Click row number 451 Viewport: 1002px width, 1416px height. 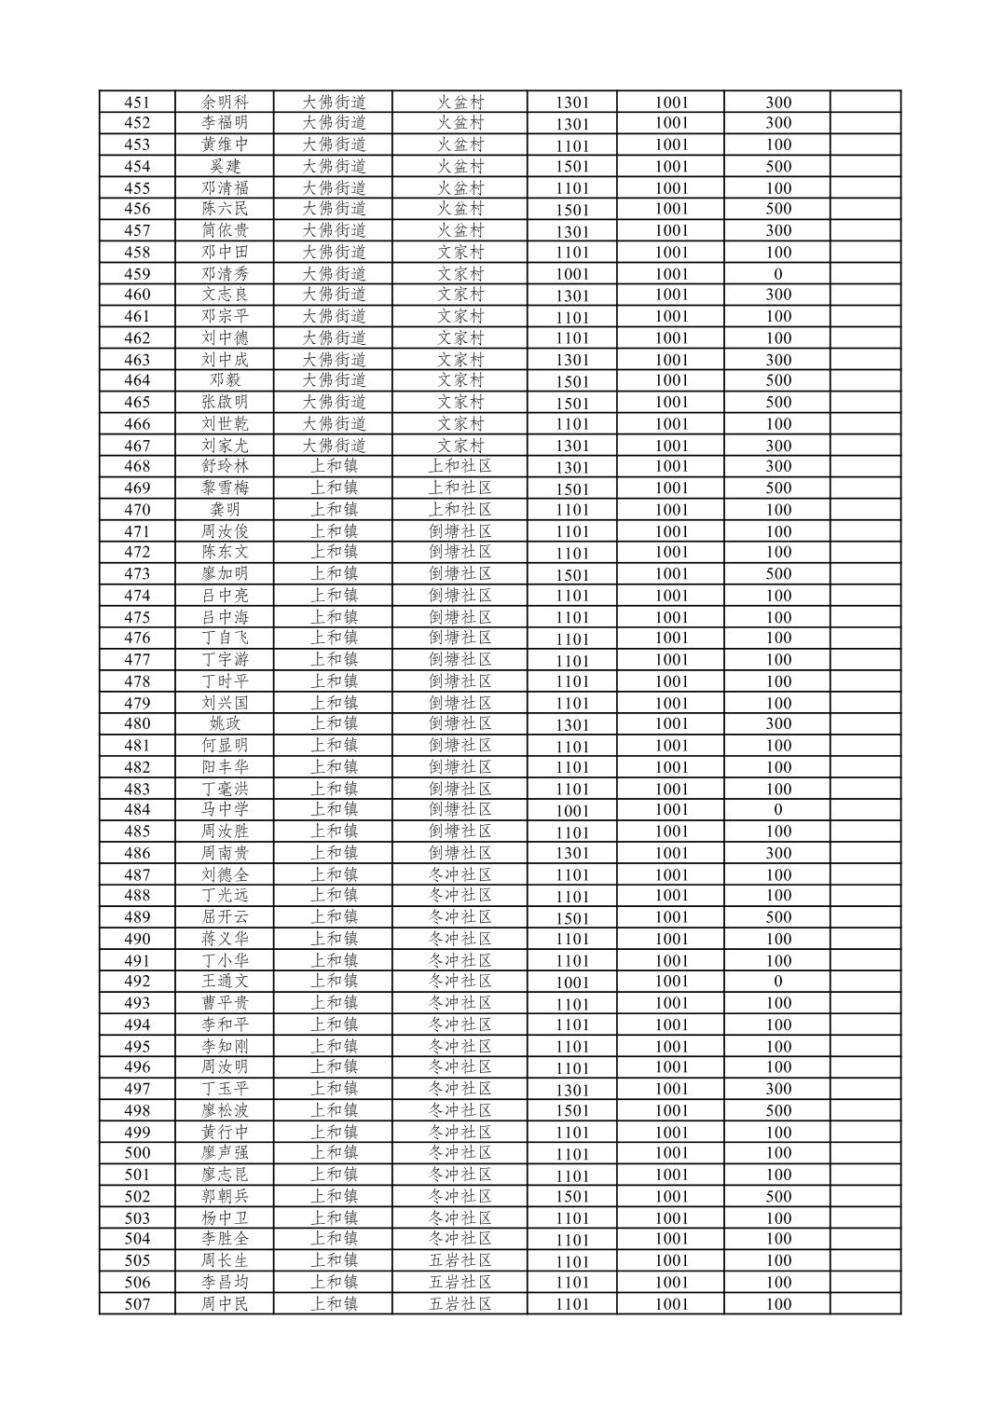(x=137, y=103)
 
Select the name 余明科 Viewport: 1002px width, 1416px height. (x=225, y=103)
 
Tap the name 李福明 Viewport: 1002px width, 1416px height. (x=225, y=123)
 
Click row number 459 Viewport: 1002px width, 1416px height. (x=137, y=274)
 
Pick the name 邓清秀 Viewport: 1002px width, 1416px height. (x=225, y=274)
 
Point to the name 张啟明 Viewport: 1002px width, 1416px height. (x=225, y=402)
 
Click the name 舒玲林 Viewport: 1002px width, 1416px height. (x=225, y=466)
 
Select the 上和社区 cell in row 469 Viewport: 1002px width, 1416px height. (x=460, y=488)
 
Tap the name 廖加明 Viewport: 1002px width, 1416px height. (x=225, y=573)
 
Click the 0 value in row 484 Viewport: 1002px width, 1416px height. (x=777, y=810)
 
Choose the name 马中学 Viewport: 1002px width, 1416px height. (x=225, y=809)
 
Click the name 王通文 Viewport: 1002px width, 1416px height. (x=225, y=981)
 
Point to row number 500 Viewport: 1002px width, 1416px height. (x=137, y=1153)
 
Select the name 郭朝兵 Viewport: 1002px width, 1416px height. (x=225, y=1196)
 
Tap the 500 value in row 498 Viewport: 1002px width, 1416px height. (x=777, y=1110)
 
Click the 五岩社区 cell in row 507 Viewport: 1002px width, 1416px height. (x=460, y=1304)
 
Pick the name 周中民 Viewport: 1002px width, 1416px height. (x=225, y=1304)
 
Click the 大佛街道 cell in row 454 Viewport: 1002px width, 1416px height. (x=334, y=166)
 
